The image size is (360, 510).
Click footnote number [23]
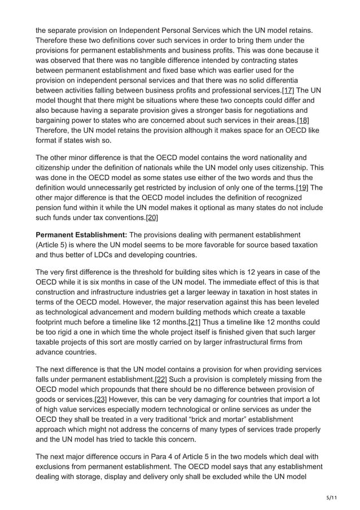point(100,399)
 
